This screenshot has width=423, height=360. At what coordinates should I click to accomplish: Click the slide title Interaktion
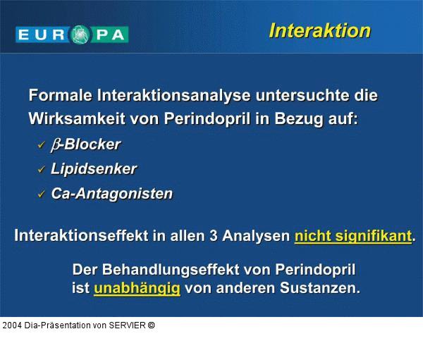tap(319, 30)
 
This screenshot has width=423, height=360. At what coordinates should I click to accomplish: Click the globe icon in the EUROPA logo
tap(82, 34)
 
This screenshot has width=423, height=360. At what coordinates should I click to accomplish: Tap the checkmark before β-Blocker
tap(41, 145)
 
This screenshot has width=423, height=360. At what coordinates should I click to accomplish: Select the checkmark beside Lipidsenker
tap(41, 170)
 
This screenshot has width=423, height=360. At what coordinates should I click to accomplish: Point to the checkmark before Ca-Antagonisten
tap(41, 194)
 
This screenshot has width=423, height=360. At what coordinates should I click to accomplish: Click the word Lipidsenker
tap(94, 169)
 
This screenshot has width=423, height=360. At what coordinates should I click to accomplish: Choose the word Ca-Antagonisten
tap(111, 194)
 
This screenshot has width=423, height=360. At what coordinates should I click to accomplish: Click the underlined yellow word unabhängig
tap(137, 288)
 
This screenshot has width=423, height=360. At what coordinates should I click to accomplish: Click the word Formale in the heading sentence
tap(60, 95)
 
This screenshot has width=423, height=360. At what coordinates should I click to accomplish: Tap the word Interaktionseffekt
tap(81, 236)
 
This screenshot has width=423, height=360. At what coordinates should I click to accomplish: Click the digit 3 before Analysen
tap(213, 236)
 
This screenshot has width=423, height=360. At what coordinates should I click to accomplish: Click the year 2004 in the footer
tap(11, 325)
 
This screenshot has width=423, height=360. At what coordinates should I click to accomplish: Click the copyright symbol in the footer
tap(151, 325)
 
